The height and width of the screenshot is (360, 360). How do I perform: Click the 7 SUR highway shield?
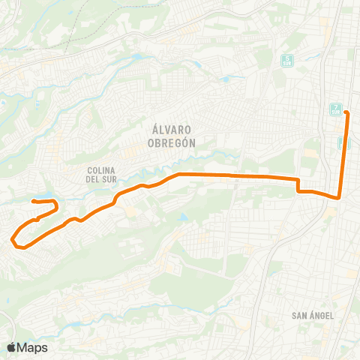pos(334,109)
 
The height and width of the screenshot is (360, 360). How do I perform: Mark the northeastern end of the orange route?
pos(346,92)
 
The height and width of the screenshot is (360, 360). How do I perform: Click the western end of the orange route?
pos(33,201)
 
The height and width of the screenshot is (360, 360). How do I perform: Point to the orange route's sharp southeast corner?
pos(340,198)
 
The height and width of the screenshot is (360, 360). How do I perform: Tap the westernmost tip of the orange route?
pos(13,240)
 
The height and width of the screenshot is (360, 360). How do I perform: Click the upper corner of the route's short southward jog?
pos(298,179)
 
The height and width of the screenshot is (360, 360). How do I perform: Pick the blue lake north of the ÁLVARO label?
pos(136,56)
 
